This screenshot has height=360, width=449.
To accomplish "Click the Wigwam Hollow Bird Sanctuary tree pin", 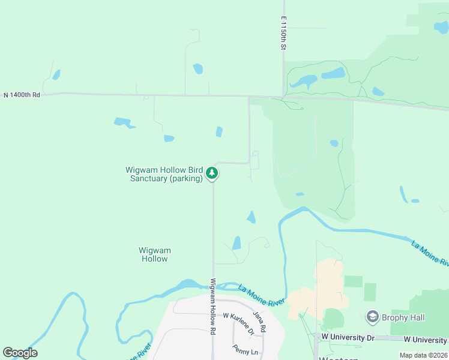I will (x=212, y=173).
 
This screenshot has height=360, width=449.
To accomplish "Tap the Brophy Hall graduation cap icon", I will (x=372, y=317).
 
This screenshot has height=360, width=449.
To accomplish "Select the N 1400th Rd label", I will (x=22, y=95).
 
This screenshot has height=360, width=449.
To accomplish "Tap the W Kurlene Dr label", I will (x=235, y=316).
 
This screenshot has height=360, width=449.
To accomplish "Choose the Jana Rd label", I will (x=259, y=322).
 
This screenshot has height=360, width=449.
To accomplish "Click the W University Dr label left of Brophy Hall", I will (x=347, y=338).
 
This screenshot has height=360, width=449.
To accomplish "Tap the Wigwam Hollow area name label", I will (x=154, y=254).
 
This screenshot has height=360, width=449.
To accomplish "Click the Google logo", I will (x=20, y=353).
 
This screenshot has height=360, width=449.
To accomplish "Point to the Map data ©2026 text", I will (x=423, y=355).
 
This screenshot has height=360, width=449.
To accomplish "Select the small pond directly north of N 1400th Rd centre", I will (x=198, y=69).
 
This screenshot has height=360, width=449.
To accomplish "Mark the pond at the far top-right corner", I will (x=441, y=27).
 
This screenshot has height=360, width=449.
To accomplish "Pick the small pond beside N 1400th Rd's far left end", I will (x=56, y=75).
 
